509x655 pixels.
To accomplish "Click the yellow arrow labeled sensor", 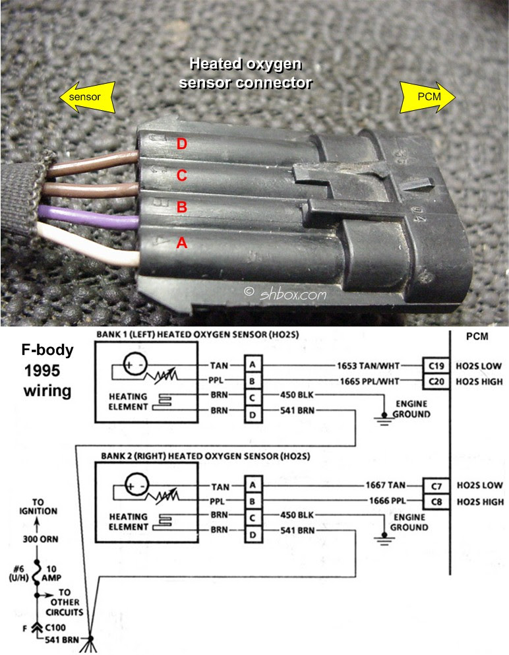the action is click(x=87, y=98).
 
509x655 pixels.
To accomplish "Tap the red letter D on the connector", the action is click(x=181, y=144).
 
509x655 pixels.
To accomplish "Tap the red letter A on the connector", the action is click(x=181, y=242).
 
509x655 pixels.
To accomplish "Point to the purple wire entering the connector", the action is click(x=88, y=214).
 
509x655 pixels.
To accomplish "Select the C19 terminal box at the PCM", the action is click(x=436, y=366).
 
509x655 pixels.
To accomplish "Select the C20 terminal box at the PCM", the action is click(x=436, y=381).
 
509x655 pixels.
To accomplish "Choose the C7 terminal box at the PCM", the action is click(x=436, y=486).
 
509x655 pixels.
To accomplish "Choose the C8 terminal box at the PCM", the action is click(x=436, y=501).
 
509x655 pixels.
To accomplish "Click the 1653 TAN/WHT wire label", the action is click(x=369, y=366).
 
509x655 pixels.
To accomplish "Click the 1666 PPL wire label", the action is click(x=387, y=501).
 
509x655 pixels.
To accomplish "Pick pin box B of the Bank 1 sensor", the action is click(x=253, y=381).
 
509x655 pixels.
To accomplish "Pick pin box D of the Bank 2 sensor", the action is click(x=253, y=534).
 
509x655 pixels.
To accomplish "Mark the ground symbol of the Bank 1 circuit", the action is click(x=384, y=419).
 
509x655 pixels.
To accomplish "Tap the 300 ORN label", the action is click(x=40, y=540).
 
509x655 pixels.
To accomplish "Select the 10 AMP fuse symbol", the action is click(x=37, y=574).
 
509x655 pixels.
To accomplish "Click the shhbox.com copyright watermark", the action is click(x=285, y=294).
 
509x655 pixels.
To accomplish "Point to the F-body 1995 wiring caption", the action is click(x=47, y=370).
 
